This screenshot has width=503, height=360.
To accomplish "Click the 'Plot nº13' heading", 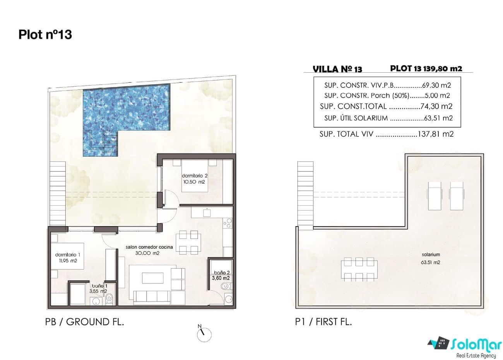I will tap(45, 35).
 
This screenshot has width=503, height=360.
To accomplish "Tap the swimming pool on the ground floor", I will tap(127, 112).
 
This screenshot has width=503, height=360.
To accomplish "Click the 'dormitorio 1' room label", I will tap(68, 255).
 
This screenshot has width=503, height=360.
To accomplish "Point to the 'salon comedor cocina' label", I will tap(149, 247).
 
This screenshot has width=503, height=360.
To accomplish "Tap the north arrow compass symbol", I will tap(204, 334).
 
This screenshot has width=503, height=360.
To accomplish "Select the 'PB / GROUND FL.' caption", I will tap(85, 322).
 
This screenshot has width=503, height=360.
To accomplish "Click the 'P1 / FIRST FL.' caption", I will tap(323, 322).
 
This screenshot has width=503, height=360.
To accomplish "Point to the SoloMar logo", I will tap(464, 345).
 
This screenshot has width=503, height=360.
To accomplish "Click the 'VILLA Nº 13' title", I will tap(337, 69).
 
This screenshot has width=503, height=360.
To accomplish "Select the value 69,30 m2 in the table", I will tap(436, 85).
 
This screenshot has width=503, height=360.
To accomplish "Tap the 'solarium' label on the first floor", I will tap(431, 255).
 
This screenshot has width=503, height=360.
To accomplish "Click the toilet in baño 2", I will tap(226, 287).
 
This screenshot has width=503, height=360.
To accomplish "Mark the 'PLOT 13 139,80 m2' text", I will tap(426, 68).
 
